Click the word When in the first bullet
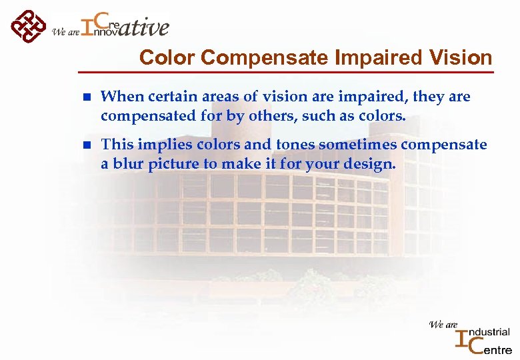tap(119, 97)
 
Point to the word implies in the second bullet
tap(156, 145)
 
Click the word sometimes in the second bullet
tap(359, 145)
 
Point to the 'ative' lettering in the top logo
tap(145, 28)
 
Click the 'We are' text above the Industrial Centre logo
tap(443, 325)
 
